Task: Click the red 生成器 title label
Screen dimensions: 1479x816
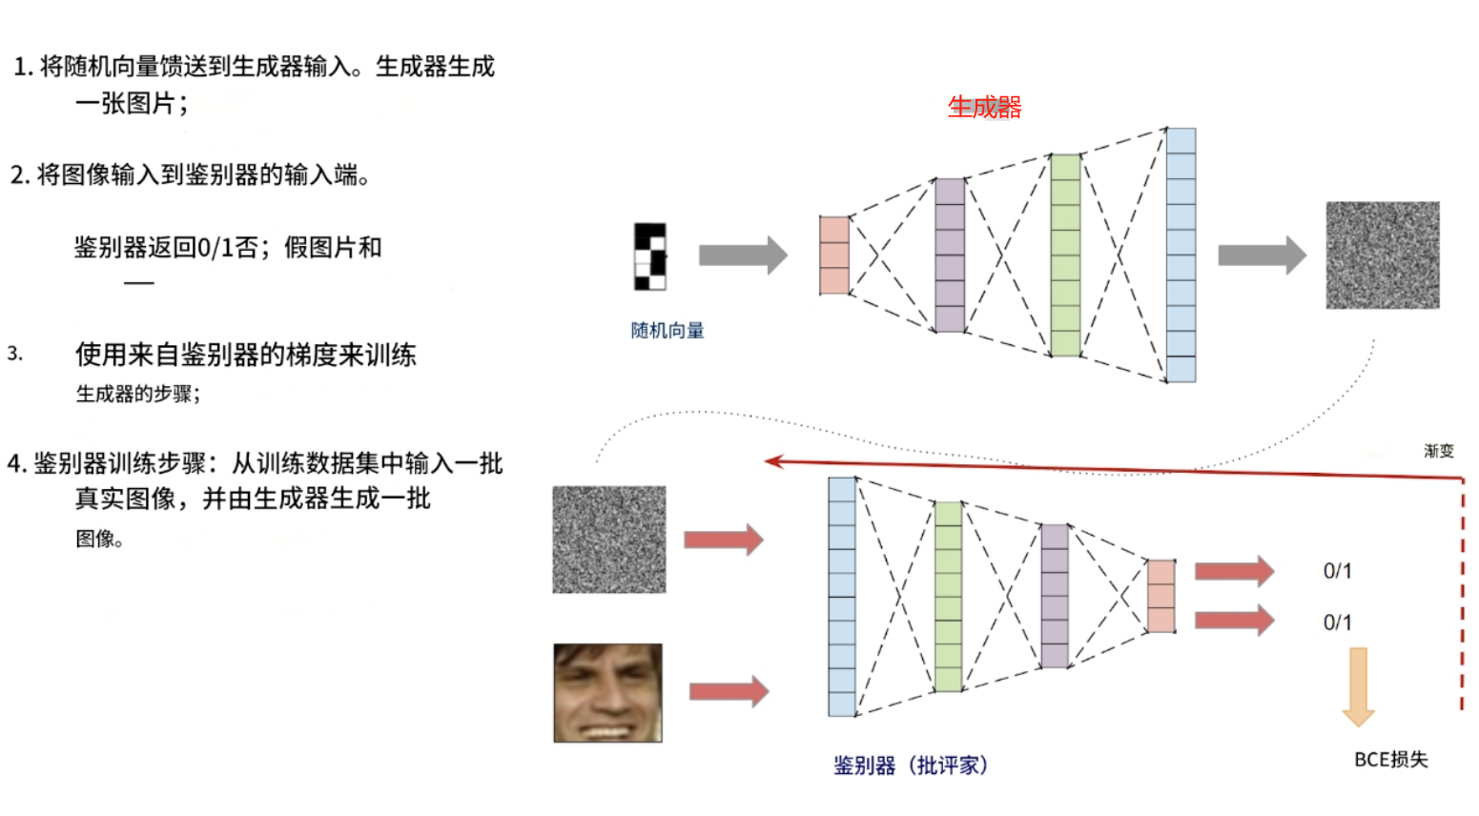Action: [984, 107]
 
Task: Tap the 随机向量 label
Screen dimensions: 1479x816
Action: [668, 331]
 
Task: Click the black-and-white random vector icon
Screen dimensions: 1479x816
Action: [650, 256]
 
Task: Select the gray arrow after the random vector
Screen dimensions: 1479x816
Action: [743, 255]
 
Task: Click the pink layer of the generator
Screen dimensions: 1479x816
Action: [834, 255]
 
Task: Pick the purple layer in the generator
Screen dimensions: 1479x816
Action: [950, 255]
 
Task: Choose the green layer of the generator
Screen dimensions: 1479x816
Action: [1065, 255]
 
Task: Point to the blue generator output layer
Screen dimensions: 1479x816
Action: [1181, 255]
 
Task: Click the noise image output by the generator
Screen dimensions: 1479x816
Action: [1383, 255]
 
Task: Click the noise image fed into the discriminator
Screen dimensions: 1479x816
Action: [609, 540]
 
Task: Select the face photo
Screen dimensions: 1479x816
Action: [608, 693]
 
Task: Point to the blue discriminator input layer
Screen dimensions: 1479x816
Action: [842, 597]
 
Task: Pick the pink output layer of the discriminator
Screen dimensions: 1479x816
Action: [1161, 597]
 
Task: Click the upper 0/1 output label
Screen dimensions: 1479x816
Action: [1337, 571]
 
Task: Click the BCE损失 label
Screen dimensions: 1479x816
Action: [1391, 760]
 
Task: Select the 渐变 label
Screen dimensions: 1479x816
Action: [1439, 451]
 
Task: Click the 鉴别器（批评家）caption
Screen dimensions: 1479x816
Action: [911, 765]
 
